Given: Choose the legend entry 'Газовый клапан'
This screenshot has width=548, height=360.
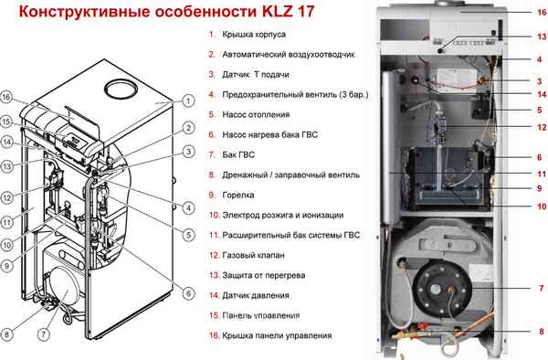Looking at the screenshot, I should pyautogui.click(x=252, y=255).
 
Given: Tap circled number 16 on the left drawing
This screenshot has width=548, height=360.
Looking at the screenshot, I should pyautogui.click(x=6, y=97).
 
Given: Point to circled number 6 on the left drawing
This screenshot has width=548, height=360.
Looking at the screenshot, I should pyautogui.click(x=187, y=293).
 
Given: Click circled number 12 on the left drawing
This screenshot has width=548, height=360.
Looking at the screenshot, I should pyautogui.click(x=6, y=196).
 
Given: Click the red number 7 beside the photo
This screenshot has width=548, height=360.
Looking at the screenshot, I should pyautogui.click(x=540, y=289).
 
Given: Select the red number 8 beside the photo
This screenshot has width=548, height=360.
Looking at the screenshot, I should pyautogui.click(x=540, y=331).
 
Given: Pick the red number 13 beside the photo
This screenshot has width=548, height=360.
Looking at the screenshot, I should pyautogui.click(x=540, y=37).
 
